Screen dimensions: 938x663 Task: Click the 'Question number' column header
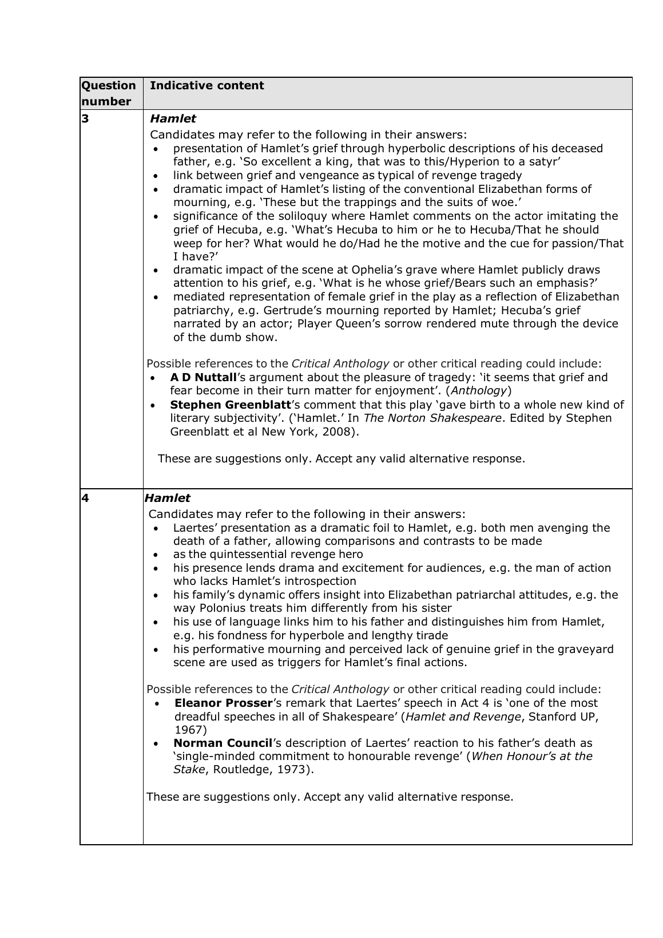(109, 93)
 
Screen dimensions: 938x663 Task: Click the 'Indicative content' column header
(207, 86)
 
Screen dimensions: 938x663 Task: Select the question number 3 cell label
(85, 119)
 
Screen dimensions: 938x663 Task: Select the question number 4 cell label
(85, 498)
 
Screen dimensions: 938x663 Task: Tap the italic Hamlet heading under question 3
(172, 119)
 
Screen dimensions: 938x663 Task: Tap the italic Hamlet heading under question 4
(168, 498)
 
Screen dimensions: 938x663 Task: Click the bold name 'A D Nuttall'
(203, 378)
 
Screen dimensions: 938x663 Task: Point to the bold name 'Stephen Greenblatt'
(227, 405)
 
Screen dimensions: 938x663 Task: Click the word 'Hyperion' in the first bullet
(447, 162)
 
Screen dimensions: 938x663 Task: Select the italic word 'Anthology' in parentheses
(479, 391)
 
